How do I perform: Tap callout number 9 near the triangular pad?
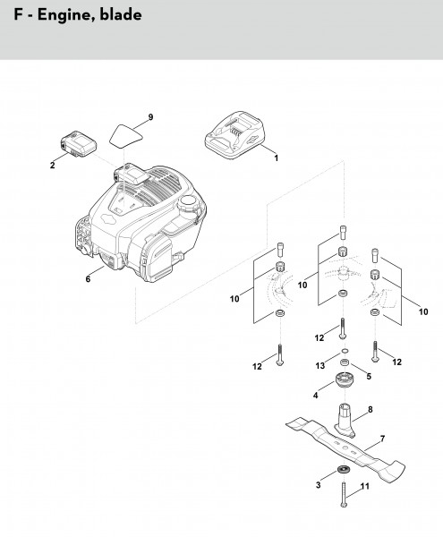coord(150,117)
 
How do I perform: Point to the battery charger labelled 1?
coord(234,135)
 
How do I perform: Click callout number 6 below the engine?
coord(88,279)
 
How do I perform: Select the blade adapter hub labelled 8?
coord(345,421)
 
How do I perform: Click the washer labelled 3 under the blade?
coord(343,468)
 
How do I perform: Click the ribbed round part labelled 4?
coord(344,380)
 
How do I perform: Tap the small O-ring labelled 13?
coord(345,351)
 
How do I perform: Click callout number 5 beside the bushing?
coord(369,377)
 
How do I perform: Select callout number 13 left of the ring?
coord(320,366)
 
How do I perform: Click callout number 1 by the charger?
coord(276,158)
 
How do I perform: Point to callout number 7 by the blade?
coord(382,439)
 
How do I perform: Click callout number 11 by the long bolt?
coord(365,486)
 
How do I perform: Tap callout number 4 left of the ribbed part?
coord(315,396)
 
